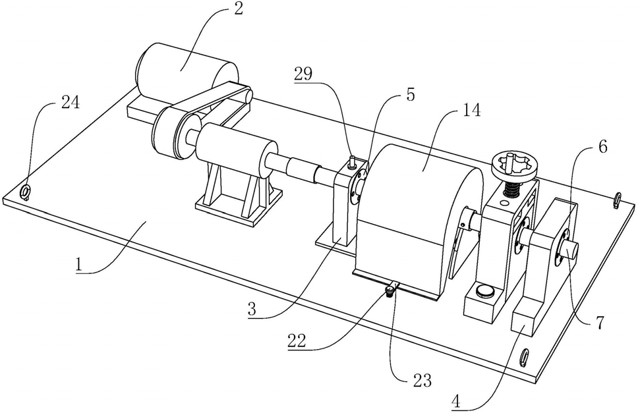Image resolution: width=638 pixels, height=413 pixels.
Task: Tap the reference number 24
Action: [x=71, y=103]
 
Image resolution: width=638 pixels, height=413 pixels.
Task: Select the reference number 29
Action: [x=303, y=74]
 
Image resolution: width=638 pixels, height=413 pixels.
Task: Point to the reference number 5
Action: [x=410, y=94]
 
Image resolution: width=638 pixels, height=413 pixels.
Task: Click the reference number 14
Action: [x=472, y=110]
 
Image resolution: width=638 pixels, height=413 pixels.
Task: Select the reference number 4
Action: [x=456, y=402]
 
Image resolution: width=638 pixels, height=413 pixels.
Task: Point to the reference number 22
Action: [x=297, y=341]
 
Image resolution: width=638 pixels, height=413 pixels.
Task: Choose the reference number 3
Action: [x=252, y=310]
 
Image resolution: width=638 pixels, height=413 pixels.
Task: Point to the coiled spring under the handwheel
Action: [x=512, y=189]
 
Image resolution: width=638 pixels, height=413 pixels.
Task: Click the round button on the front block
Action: [x=484, y=290]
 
